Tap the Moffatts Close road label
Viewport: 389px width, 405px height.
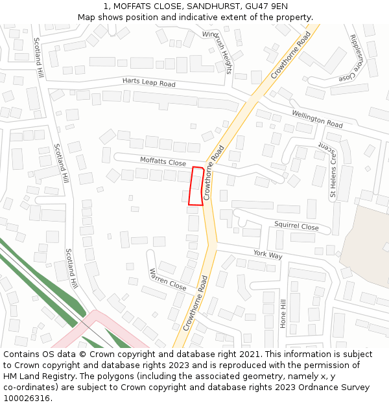[x=163, y=161]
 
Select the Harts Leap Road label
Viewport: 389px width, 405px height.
[x=148, y=83]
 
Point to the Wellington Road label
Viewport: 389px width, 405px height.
[x=316, y=119]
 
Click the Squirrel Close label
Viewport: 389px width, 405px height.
[x=296, y=227]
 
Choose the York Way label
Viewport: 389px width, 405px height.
[x=268, y=255]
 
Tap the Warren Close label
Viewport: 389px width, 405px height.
[x=168, y=279]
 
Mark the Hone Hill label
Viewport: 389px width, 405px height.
[x=283, y=314]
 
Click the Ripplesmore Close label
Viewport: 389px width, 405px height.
[x=362, y=58]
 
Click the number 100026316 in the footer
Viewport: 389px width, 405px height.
[x=25, y=398]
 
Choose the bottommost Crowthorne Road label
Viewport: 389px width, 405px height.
[x=195, y=303]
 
